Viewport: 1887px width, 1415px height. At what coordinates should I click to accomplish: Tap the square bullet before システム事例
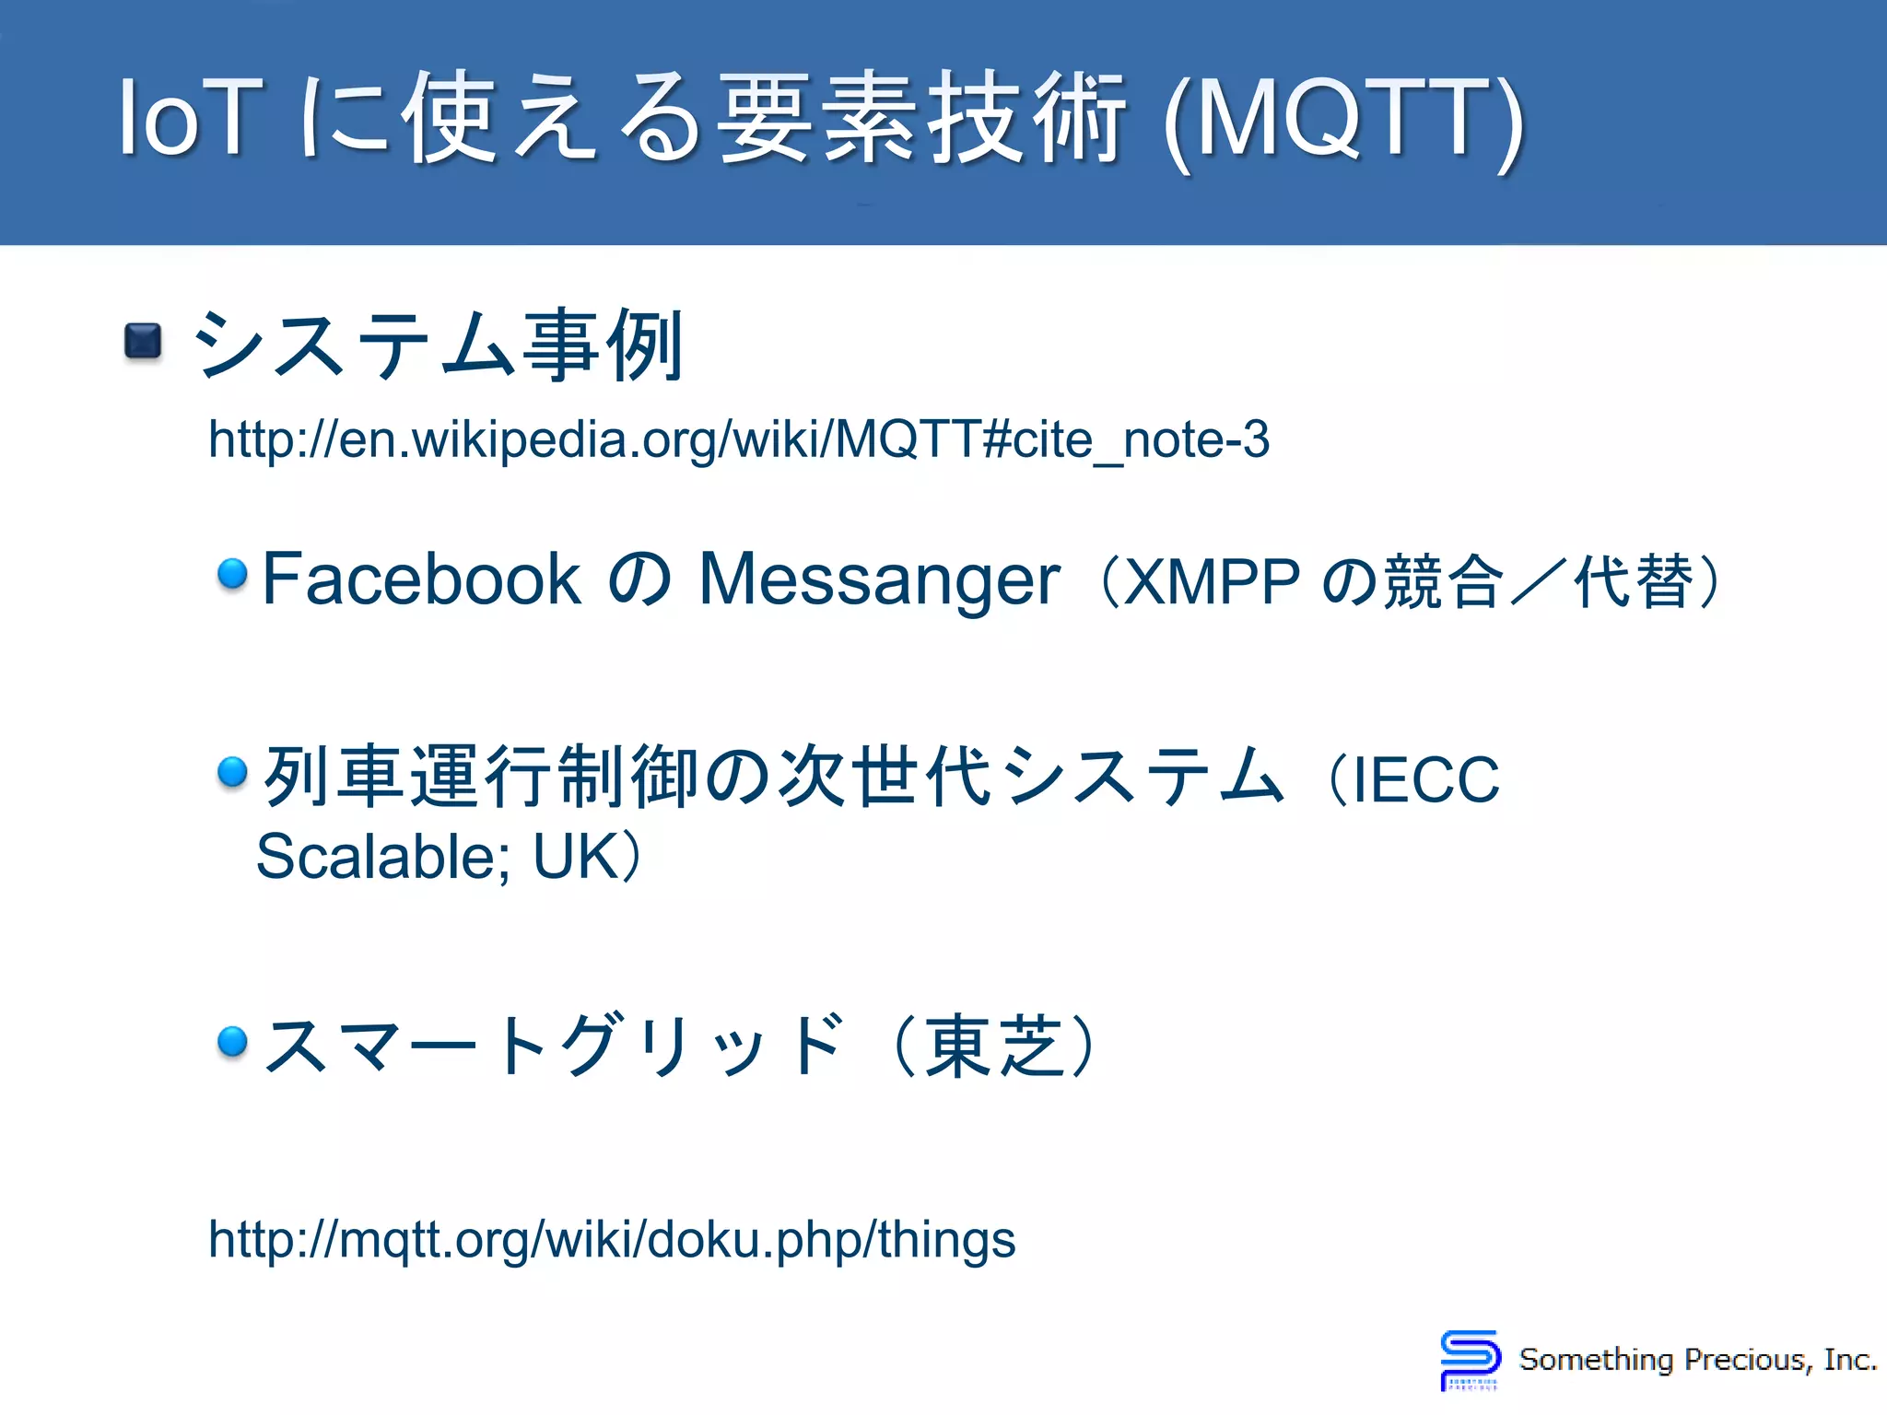[143, 341]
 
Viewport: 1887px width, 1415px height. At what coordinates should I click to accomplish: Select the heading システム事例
[438, 345]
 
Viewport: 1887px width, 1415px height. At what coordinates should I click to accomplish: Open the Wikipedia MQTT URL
[738, 439]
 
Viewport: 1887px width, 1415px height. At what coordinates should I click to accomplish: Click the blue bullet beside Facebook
[232, 574]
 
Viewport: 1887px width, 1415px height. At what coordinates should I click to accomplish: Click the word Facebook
[421, 579]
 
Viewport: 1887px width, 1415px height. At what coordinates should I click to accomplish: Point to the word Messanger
[879, 579]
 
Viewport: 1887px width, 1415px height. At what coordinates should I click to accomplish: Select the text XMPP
[1212, 582]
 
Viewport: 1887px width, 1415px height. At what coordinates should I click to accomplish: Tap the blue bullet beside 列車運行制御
[232, 771]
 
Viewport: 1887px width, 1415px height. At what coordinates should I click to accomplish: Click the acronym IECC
[1424, 779]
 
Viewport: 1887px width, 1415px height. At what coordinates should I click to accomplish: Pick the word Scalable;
[382, 857]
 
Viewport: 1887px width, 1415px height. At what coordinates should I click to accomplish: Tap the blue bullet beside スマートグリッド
[232, 1041]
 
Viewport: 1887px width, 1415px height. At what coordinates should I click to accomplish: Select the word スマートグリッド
[553, 1046]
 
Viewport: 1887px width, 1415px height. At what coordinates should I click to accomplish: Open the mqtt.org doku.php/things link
[612, 1240]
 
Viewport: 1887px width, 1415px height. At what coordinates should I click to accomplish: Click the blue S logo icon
[1470, 1356]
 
